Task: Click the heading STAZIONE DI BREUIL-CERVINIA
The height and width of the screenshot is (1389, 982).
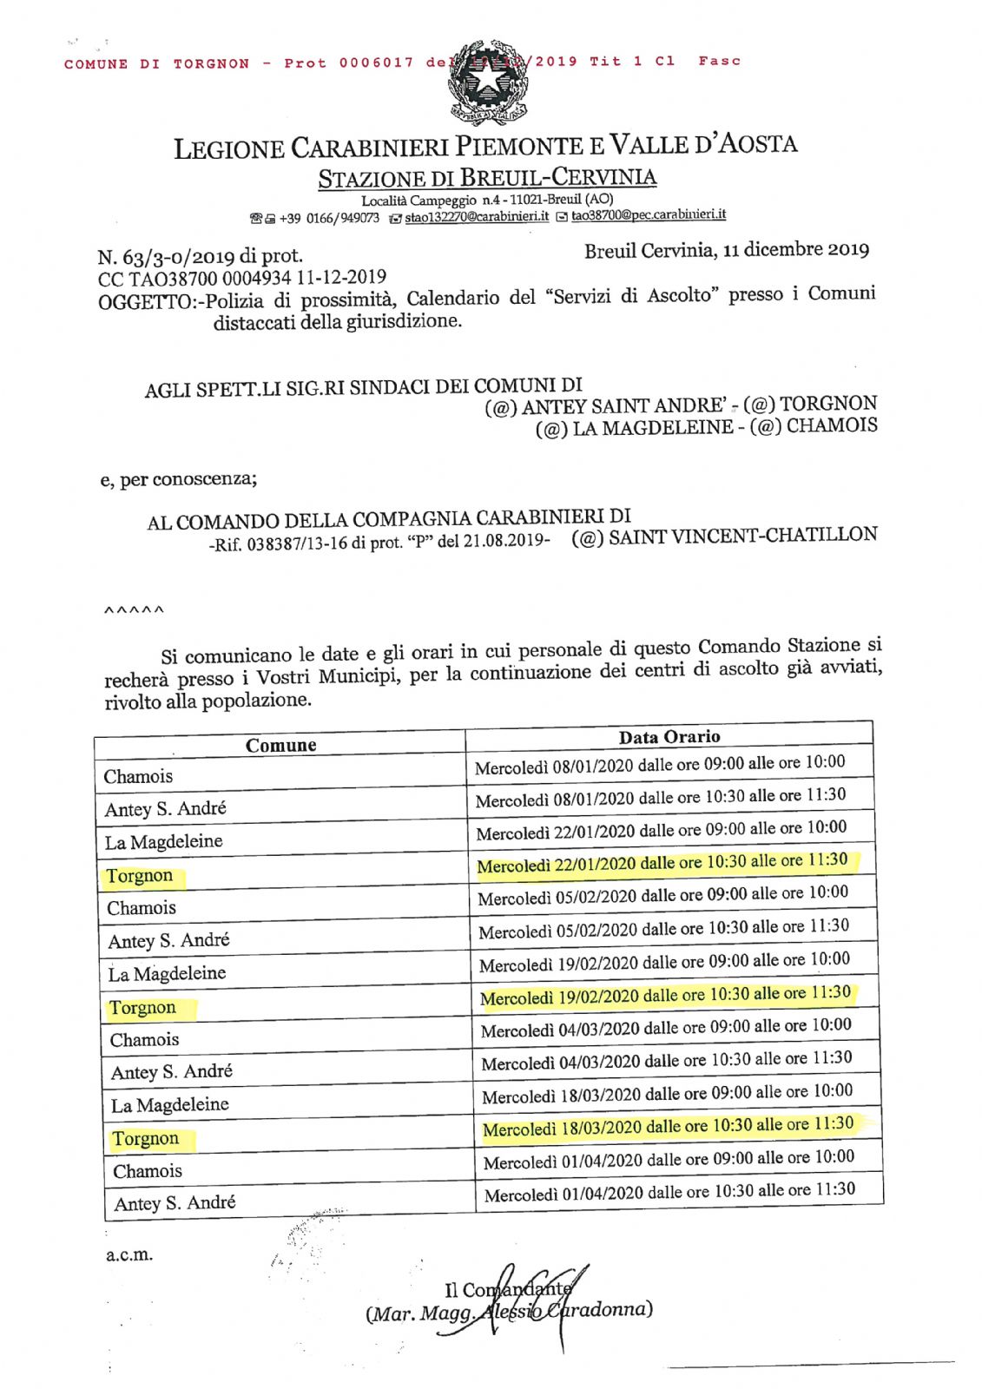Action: click(x=487, y=178)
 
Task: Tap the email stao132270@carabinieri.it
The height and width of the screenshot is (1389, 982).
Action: click(x=476, y=216)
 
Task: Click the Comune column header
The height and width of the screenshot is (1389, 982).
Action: click(x=280, y=745)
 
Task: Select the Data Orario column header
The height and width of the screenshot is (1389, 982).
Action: click(x=669, y=737)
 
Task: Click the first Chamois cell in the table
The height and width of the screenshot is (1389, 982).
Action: click(x=138, y=776)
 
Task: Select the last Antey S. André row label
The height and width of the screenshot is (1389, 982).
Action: click(x=175, y=1203)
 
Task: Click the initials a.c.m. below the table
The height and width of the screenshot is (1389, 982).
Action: click(x=129, y=1254)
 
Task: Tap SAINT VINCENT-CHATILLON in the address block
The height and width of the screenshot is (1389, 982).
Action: click(x=742, y=536)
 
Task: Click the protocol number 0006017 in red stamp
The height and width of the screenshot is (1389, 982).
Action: click(x=376, y=63)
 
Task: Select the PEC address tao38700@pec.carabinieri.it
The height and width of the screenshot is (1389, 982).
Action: click(x=648, y=214)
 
